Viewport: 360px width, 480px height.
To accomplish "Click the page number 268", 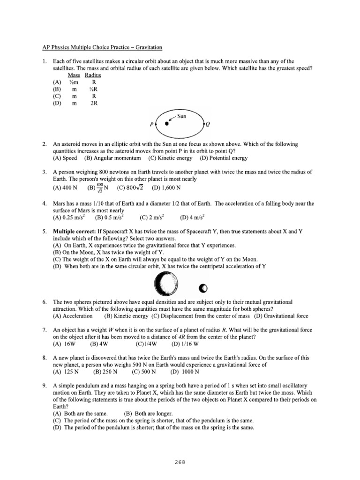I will [180, 461].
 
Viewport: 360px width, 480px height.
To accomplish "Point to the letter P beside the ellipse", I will [151, 125].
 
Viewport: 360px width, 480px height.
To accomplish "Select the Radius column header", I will [93, 75].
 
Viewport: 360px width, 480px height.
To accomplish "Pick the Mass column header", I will [74, 75].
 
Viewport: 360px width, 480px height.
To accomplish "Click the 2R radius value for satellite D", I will [93, 103].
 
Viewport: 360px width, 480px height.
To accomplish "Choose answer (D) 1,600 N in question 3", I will [166, 188].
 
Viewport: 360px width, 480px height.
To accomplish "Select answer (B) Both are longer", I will [148, 414].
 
